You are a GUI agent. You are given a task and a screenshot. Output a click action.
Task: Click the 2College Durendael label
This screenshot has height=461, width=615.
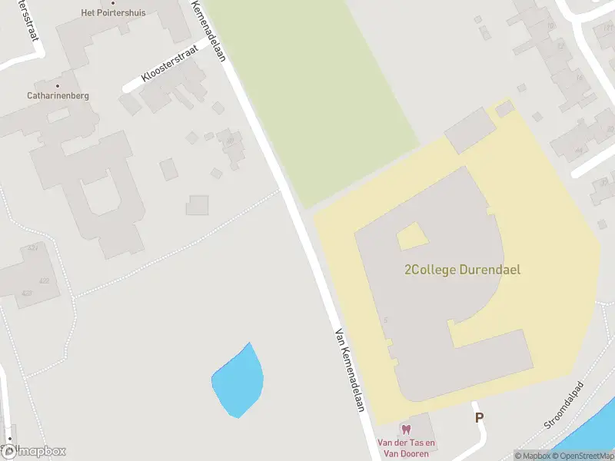tap(462, 270)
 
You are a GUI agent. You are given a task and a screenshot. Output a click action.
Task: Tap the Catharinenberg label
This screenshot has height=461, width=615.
tap(58, 96)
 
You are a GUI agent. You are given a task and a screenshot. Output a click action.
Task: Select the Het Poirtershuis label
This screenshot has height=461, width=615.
tap(112, 13)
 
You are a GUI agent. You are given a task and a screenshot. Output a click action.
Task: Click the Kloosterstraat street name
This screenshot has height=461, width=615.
tap(170, 65)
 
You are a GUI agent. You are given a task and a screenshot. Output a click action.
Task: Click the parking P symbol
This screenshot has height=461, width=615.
tap(479, 418)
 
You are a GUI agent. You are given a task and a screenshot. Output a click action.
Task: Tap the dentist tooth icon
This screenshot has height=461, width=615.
tap(407, 429)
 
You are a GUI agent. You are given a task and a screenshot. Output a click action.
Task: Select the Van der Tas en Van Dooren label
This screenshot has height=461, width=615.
tap(407, 447)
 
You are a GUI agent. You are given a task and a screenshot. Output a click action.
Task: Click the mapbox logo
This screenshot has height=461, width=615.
tap(34, 452)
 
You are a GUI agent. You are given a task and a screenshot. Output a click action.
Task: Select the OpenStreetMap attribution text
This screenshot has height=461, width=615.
tap(583, 456)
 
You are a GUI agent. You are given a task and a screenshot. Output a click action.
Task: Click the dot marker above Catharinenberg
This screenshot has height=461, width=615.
tap(58, 85)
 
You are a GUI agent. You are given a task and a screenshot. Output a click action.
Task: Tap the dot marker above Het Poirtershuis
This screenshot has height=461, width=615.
tap(113, 3)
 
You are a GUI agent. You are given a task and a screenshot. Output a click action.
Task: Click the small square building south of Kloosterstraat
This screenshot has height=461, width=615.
tap(198, 205)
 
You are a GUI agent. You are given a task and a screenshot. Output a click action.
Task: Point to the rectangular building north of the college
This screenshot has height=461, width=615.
tap(470, 131)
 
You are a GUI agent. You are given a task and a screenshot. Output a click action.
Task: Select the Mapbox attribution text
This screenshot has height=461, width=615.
tap(532, 456)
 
